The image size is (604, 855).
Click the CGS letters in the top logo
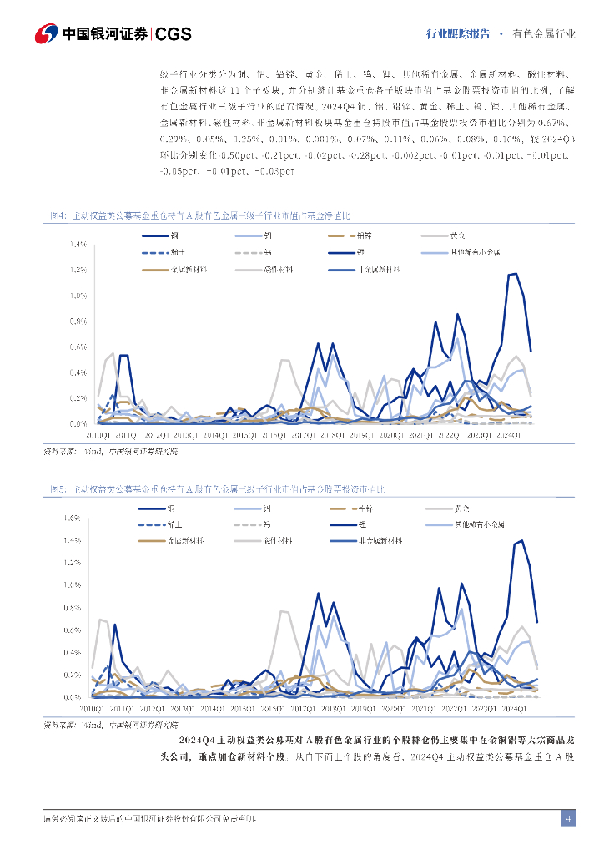[174, 34]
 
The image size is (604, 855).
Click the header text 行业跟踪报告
[457, 34]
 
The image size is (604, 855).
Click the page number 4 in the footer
[567, 818]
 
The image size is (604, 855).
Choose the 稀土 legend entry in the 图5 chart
[175, 524]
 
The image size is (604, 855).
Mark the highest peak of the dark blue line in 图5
[521, 540]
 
